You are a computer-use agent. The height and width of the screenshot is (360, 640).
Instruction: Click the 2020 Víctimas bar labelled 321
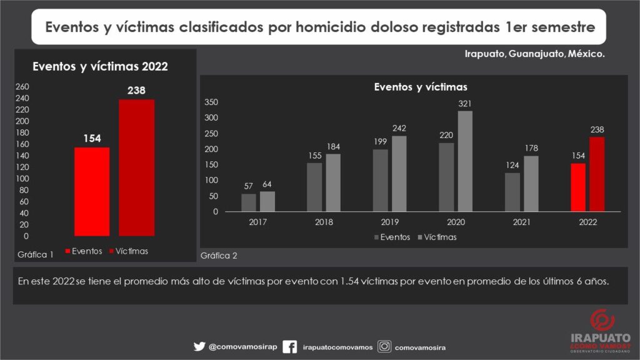[x=465, y=161]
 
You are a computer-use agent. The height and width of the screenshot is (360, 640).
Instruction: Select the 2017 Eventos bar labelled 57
[x=249, y=202]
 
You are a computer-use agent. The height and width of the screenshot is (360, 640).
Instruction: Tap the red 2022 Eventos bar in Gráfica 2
[x=578, y=187]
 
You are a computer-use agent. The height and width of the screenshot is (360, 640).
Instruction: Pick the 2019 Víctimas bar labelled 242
[x=399, y=174]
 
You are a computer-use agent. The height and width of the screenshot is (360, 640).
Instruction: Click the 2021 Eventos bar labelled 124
[x=512, y=192]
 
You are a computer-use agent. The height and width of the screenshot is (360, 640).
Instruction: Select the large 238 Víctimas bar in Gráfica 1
[x=137, y=167]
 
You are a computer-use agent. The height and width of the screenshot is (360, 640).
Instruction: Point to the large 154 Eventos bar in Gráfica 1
[x=92, y=191]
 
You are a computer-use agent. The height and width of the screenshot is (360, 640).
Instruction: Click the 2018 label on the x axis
[x=324, y=222]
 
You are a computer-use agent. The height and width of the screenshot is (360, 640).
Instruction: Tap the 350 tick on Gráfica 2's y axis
[x=211, y=102]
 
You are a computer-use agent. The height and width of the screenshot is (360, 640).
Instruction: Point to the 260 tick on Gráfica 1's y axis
[x=22, y=86]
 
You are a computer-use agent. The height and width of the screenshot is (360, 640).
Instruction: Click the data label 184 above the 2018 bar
[x=333, y=146]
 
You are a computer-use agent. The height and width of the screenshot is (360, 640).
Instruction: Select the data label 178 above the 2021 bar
[x=531, y=148]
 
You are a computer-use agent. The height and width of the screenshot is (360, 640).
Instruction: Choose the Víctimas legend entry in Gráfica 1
[x=129, y=251]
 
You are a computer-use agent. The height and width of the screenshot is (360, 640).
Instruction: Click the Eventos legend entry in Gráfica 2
[x=392, y=237]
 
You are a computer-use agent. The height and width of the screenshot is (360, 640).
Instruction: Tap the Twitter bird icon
[x=199, y=346]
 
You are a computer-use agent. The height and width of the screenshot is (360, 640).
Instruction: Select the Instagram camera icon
[x=385, y=346]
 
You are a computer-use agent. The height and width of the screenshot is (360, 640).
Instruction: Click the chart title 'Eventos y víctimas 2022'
[x=100, y=67]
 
